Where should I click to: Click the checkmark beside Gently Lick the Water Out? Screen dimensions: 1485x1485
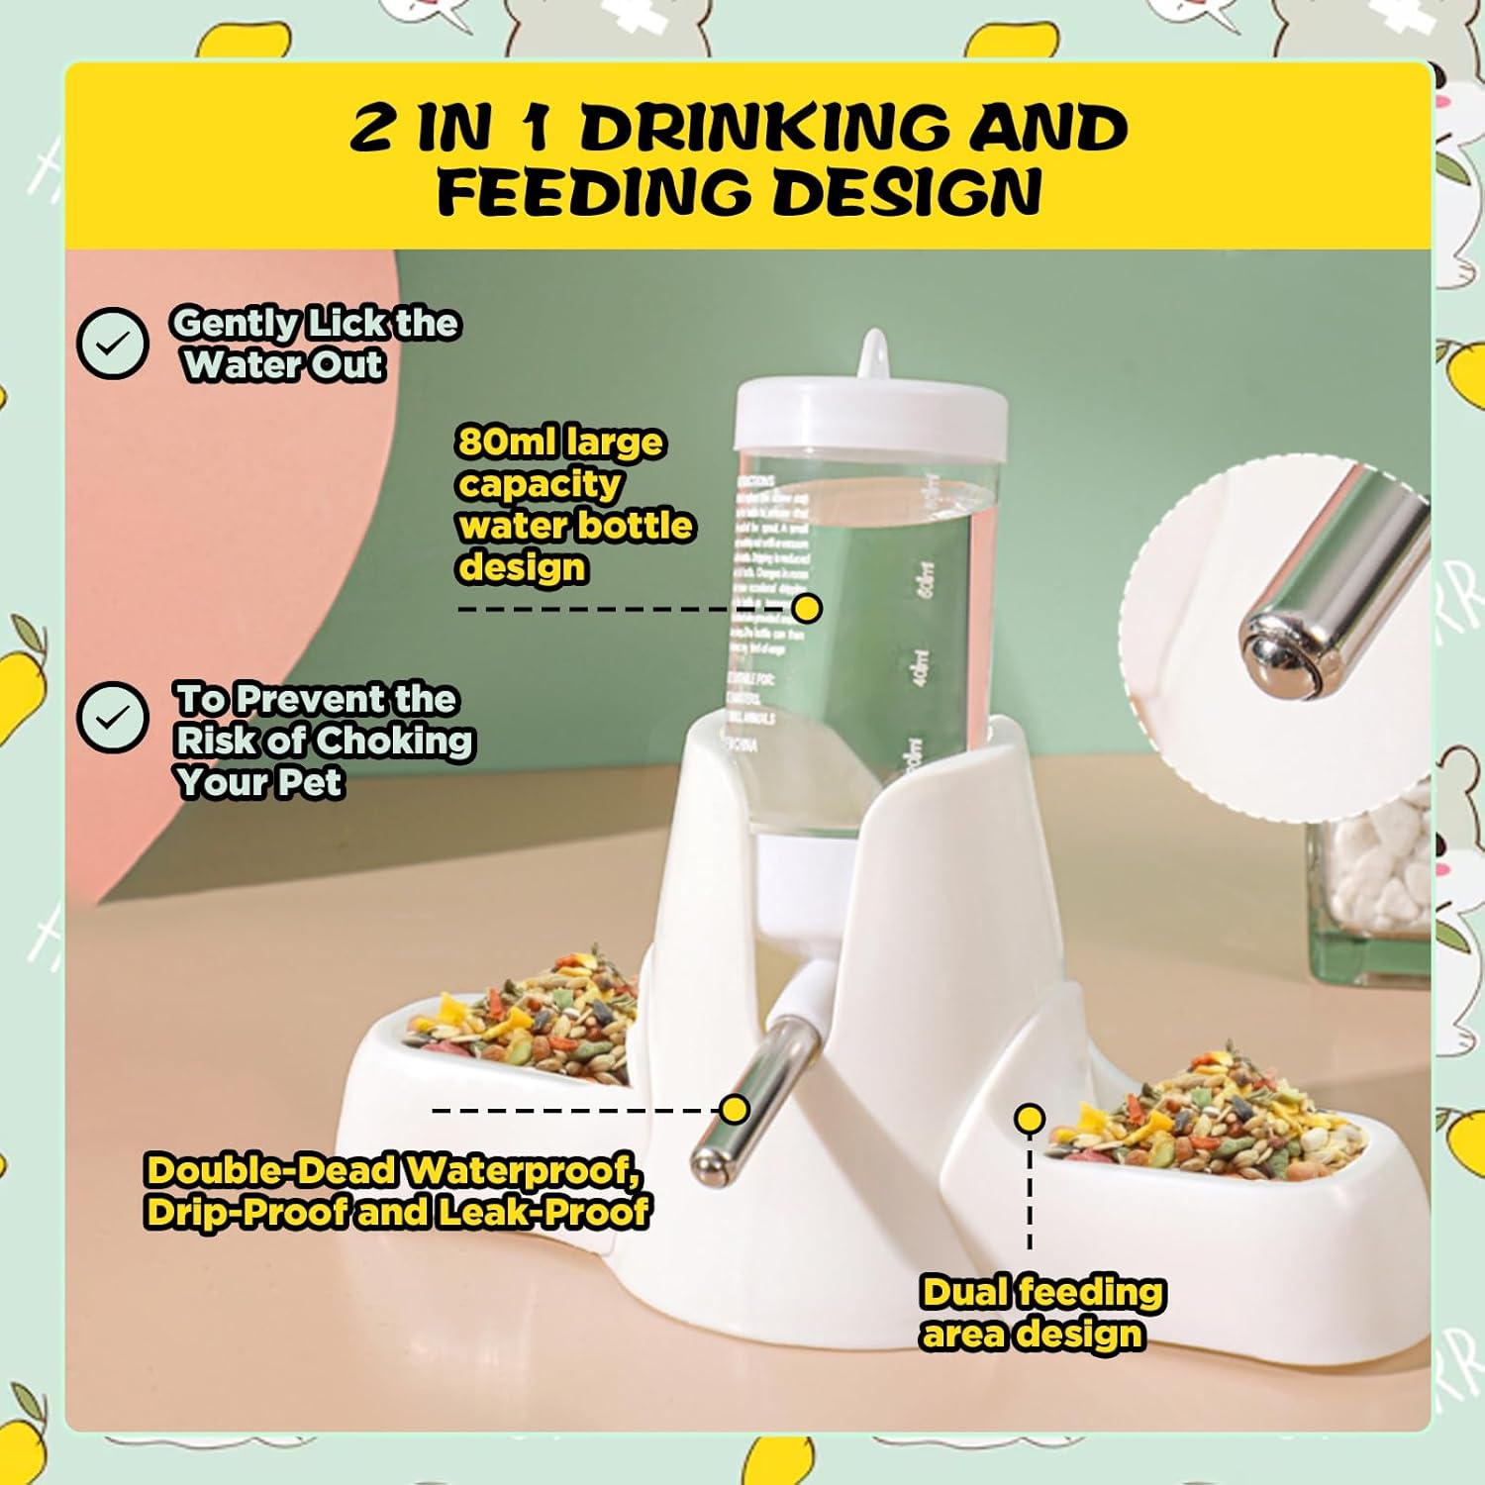pyautogui.click(x=113, y=343)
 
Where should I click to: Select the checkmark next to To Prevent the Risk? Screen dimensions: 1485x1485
pyautogui.click(x=113, y=718)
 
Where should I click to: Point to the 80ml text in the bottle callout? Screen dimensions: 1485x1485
pyautogui.click(x=505, y=442)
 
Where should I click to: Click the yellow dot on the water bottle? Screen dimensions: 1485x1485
pyautogui.click(x=808, y=608)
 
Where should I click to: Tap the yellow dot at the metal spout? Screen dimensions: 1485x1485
pyautogui.click(x=735, y=1109)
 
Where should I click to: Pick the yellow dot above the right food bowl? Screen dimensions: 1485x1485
pyautogui.click(x=1030, y=1119)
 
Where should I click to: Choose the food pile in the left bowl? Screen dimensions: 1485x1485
pyautogui.click(x=525, y=1020)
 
